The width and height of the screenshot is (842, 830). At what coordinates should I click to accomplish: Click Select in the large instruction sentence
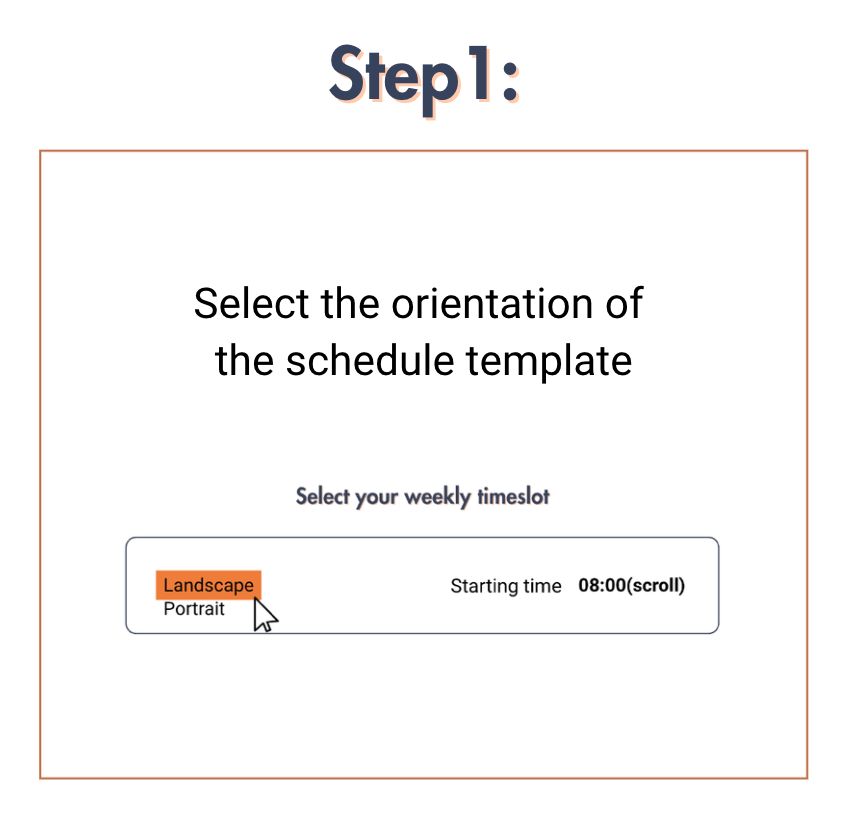[252, 302]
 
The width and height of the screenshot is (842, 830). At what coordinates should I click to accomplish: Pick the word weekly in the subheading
[436, 496]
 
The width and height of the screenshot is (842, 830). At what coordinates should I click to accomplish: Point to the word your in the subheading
[376, 497]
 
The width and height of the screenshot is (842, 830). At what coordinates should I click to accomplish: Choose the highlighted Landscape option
[208, 585]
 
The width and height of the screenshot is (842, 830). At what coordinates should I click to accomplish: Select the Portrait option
[194, 609]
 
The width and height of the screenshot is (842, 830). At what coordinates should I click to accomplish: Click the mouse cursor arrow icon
[264, 615]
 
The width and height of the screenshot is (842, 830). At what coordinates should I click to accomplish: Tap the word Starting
[485, 586]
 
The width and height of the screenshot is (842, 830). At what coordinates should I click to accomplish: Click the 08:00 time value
[601, 586]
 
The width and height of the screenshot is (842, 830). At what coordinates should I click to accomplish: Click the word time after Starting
[543, 586]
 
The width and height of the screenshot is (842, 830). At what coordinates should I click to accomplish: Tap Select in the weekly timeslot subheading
[320, 496]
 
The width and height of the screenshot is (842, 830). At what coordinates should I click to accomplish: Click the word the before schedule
[244, 360]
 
